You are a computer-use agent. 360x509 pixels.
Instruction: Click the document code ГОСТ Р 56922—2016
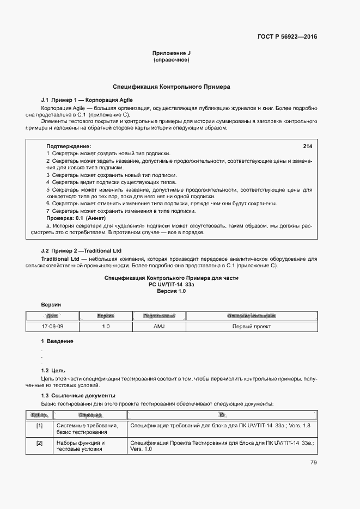click(286, 37)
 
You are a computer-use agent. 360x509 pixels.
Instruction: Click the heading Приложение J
click(172, 53)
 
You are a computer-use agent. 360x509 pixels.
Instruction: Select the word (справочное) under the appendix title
click(172, 60)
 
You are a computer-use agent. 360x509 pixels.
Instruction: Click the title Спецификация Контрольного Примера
click(172, 87)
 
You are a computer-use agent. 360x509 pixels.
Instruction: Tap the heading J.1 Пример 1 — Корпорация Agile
click(87, 100)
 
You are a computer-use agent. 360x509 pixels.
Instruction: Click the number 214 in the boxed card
click(307, 146)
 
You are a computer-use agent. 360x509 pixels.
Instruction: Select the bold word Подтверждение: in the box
click(69, 146)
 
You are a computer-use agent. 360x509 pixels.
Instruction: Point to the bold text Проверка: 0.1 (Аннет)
click(75, 218)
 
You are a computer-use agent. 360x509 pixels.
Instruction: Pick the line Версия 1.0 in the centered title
click(172, 291)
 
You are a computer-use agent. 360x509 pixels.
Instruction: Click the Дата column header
click(52, 316)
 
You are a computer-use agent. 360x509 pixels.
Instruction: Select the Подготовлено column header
click(158, 316)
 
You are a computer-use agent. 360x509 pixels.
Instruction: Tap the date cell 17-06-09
click(52, 327)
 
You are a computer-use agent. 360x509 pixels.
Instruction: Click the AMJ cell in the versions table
click(158, 327)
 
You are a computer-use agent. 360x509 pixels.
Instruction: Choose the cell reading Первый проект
click(251, 327)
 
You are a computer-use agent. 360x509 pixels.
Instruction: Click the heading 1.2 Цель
click(53, 370)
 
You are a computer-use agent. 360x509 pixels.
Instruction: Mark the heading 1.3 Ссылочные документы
click(78, 395)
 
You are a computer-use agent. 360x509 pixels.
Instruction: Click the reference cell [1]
click(39, 426)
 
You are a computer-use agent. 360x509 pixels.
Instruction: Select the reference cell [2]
click(39, 443)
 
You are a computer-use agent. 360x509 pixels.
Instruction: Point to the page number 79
click(313, 463)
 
